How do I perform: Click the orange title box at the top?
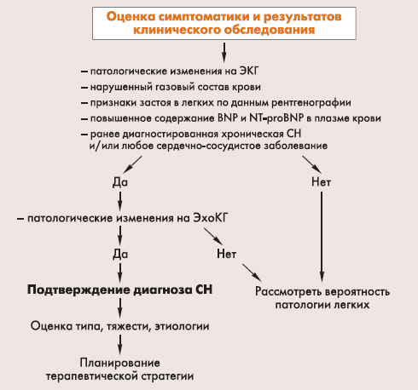click(x=224, y=23)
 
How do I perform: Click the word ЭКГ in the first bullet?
click(x=249, y=71)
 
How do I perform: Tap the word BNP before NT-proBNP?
click(x=228, y=118)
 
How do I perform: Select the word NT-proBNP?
click(x=276, y=118)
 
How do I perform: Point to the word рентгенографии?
click(x=311, y=103)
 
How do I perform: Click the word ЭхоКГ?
click(x=211, y=218)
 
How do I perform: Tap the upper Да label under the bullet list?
click(x=120, y=182)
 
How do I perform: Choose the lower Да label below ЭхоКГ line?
click(x=120, y=254)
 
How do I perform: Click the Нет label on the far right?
click(x=322, y=181)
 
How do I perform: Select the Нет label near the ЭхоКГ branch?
click(x=226, y=254)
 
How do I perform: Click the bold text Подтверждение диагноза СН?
click(x=119, y=290)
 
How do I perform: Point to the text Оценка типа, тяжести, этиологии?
click(x=119, y=326)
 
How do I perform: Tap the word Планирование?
click(x=119, y=363)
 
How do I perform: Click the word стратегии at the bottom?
click(x=167, y=376)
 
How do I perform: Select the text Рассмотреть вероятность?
click(x=322, y=291)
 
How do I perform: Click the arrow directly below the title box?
click(x=224, y=52)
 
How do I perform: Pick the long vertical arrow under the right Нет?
click(x=322, y=237)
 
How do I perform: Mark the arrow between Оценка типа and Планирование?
click(x=120, y=344)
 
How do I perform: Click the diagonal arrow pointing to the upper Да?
click(x=132, y=164)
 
